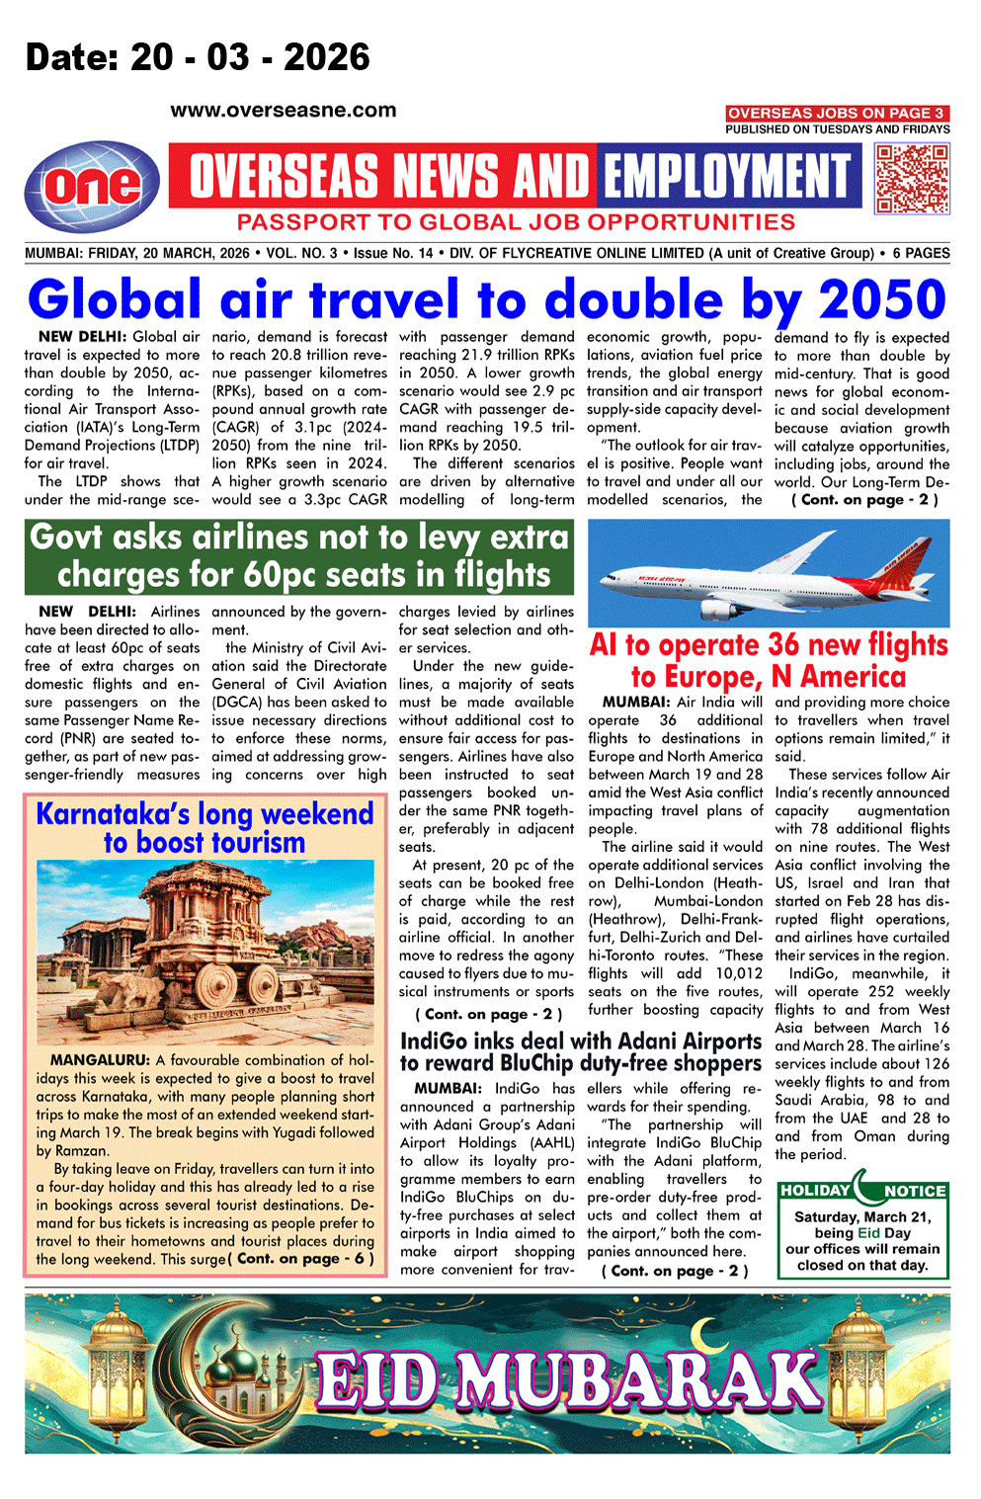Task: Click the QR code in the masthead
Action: coord(912,179)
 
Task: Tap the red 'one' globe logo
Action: coord(93,186)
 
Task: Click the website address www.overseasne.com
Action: coord(283,111)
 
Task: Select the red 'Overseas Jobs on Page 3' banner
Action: coord(837,114)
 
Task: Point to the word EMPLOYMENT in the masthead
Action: coord(727,177)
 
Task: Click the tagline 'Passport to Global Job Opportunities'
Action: coord(516,222)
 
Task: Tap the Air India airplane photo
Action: coord(769,573)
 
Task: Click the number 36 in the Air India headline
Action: coord(782,645)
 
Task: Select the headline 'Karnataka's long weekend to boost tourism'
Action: coord(204,828)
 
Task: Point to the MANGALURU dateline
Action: coord(100,1060)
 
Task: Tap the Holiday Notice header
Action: coord(863,1191)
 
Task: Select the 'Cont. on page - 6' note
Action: coord(301,1259)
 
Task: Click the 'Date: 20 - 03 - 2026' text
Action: coord(198,57)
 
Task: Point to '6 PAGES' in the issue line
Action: coord(921,253)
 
